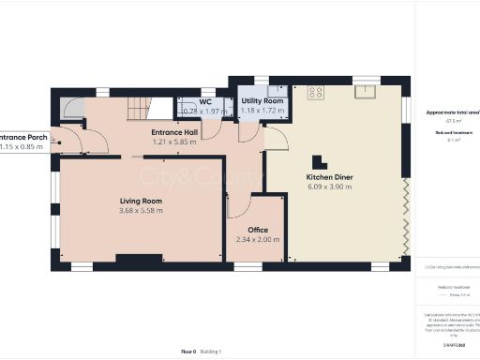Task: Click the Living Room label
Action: coord(142,202)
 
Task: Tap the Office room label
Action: coord(258,230)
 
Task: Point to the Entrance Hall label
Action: coord(174,133)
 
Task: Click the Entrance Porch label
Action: coord(22,137)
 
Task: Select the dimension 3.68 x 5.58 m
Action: coord(142,211)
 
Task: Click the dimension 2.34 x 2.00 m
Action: coord(258,239)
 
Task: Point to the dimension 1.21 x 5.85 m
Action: coord(174,142)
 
